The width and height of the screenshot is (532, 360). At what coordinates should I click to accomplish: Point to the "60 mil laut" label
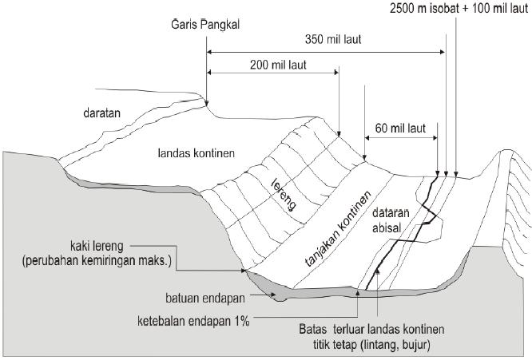[x=399, y=126]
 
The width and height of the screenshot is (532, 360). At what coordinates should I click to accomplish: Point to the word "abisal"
[x=391, y=228]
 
